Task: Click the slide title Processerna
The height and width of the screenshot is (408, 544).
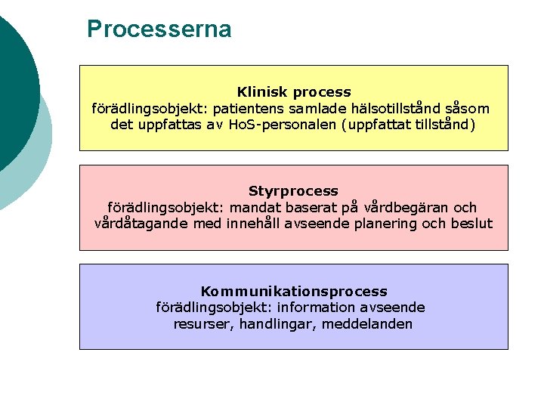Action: click(159, 29)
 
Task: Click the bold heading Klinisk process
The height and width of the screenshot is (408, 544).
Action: click(294, 92)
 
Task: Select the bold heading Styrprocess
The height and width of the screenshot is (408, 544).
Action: click(293, 191)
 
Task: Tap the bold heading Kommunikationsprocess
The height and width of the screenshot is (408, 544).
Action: click(293, 291)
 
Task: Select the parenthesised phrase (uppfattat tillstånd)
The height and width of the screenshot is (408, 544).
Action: click(410, 125)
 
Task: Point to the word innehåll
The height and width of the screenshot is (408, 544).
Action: click(253, 224)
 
